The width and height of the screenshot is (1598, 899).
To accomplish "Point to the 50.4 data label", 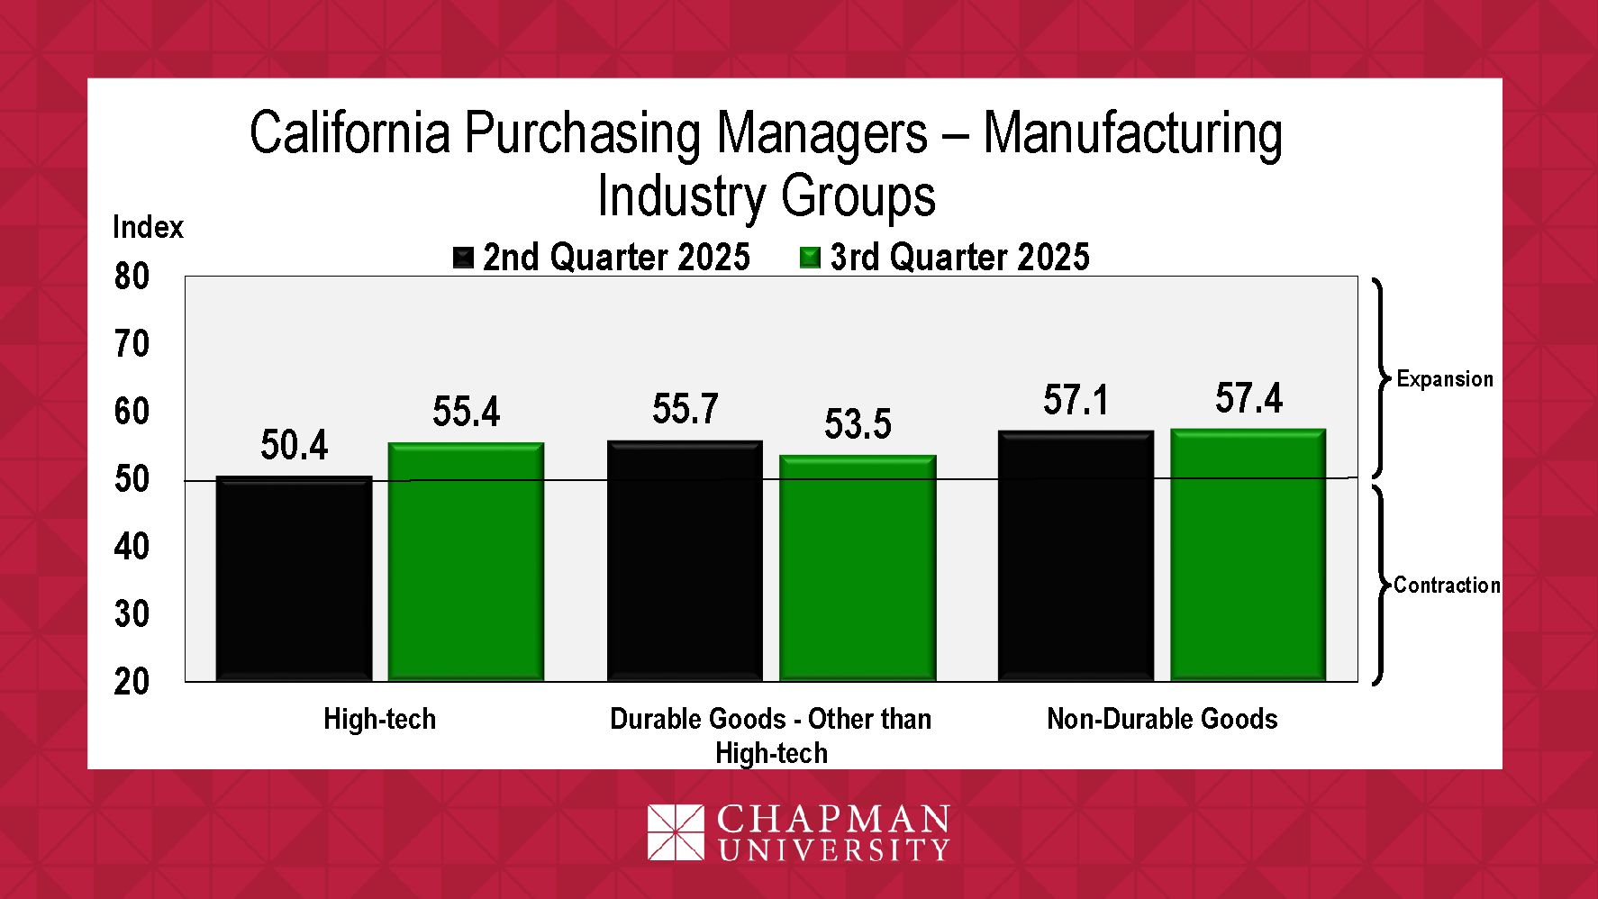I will [294, 445].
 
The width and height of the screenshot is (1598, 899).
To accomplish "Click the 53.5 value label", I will [858, 424].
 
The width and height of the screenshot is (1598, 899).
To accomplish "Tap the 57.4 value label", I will [1248, 398].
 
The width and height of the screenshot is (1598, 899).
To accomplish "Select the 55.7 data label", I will [686, 409].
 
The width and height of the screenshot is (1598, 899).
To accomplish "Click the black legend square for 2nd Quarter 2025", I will [463, 259].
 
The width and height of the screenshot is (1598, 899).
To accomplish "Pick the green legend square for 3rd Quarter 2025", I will [810, 259].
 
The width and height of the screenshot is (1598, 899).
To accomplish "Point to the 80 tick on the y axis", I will [132, 277].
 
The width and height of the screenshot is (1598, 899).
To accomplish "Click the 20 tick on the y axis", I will [132, 682].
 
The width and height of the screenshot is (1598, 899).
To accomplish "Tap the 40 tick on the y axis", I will [132, 547].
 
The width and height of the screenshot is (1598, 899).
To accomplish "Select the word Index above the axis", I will [148, 227].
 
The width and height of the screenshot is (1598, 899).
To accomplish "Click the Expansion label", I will [1445, 379].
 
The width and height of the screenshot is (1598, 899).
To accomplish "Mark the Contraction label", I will [1447, 586].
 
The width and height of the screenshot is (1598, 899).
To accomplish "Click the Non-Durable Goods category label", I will [1162, 719].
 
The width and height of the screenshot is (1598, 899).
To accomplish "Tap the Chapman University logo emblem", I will [676, 832].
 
